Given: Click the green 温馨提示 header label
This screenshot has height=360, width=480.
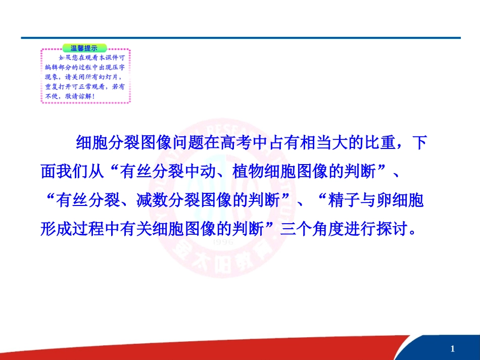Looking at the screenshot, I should [84, 48].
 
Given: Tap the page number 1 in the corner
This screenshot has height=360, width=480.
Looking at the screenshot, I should [453, 349].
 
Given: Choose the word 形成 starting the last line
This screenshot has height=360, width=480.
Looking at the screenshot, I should [52, 230].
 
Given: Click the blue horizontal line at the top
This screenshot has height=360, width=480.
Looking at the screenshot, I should [241, 38].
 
